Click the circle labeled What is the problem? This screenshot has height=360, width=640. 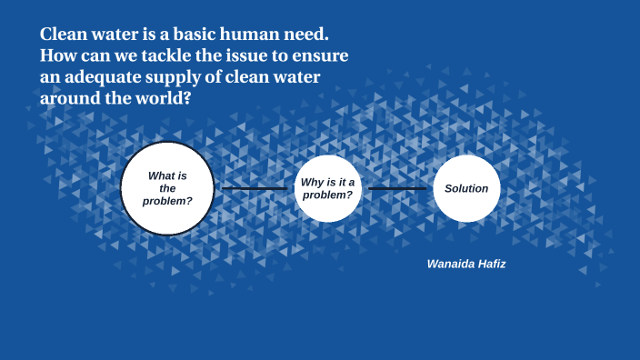[x=168, y=188]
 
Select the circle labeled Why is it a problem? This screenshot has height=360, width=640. [x=327, y=188]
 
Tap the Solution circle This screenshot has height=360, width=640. [x=466, y=188]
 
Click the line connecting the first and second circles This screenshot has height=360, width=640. [x=255, y=188]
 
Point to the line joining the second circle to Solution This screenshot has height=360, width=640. [x=397, y=188]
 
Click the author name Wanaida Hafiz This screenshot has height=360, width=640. [x=466, y=264]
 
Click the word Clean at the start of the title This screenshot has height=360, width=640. [x=63, y=35]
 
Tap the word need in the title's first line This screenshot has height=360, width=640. [x=305, y=35]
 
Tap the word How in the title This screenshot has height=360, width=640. [x=56, y=56]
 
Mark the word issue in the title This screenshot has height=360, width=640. [x=248, y=56]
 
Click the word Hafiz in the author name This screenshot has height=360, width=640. [x=490, y=264]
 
